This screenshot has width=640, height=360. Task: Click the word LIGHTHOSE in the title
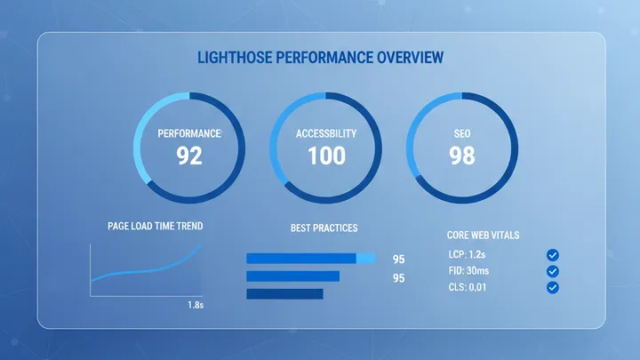[232, 60]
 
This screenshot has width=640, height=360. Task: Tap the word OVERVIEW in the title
[404, 60]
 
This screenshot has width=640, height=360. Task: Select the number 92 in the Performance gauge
[189, 156]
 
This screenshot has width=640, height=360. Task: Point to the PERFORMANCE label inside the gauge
[189, 134]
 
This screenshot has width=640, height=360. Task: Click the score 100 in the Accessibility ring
[326, 156]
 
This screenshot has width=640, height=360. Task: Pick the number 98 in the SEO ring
[462, 156]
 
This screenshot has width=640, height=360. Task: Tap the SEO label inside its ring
[462, 134]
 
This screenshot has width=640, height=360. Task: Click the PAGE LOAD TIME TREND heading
[155, 227]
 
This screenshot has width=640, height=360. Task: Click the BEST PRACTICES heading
[324, 228]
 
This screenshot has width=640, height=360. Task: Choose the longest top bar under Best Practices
[313, 259]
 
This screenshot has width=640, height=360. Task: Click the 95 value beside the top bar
[398, 260]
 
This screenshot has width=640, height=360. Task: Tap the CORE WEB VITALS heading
[483, 236]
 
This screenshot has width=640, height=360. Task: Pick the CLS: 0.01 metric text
[468, 287]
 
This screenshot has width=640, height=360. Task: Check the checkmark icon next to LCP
[553, 255]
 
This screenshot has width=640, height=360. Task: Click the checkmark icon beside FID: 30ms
[553, 271]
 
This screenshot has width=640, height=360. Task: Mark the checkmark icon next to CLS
[553, 287]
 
